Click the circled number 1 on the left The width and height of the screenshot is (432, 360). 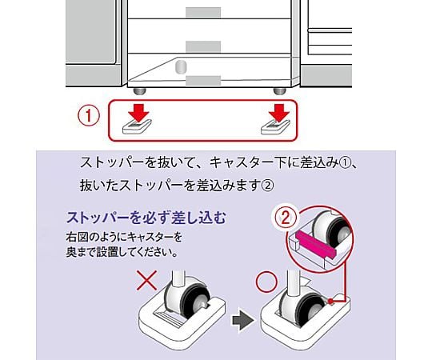89,116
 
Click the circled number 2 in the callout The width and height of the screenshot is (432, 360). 285,218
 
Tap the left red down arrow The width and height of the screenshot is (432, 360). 138,113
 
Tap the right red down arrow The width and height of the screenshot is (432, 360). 279,113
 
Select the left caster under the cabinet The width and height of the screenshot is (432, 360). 140,91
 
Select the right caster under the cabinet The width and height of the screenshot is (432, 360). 280,91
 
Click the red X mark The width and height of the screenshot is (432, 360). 147,280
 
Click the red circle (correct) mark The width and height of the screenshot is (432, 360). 266,282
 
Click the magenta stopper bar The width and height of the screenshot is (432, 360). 314,243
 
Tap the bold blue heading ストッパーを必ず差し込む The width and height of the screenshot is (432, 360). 146,218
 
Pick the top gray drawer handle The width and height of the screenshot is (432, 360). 203,12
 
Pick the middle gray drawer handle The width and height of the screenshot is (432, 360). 203,46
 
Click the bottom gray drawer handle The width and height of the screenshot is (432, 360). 203,81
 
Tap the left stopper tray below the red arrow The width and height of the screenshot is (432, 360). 137,126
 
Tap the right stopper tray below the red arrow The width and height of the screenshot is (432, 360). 276,126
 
